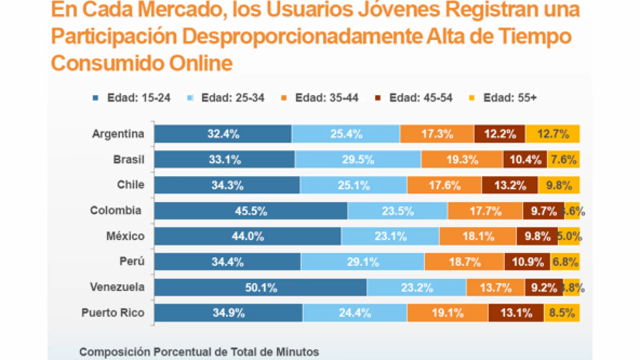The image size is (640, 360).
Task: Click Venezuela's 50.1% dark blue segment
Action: point(260,287)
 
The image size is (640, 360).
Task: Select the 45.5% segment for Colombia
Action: point(251,211)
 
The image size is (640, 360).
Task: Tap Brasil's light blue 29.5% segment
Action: point(358,160)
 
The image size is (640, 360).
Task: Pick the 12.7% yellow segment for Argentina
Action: point(552,134)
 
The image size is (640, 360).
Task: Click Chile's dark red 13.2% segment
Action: point(510,185)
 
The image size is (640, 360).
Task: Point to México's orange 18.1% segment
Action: point(478,236)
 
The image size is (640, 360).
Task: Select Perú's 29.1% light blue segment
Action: point(363,262)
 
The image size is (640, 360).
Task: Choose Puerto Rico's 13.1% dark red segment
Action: point(516,313)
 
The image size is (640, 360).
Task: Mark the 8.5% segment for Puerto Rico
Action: point(562,313)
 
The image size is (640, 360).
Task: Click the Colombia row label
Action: point(116,210)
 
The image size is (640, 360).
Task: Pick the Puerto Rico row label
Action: point(113,313)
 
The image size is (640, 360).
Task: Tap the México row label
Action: point(125,236)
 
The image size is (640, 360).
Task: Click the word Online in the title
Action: point(201,63)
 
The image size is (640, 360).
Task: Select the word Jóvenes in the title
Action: point(399,10)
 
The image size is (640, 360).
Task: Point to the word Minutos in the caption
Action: point(296,352)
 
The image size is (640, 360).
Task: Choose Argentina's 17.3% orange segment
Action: point(437,134)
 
